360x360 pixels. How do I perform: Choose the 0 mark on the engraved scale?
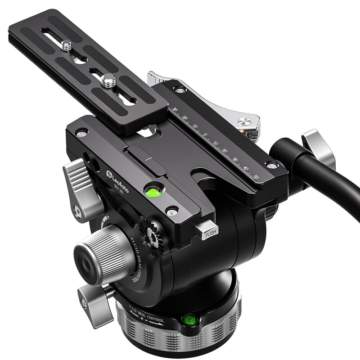[204, 134]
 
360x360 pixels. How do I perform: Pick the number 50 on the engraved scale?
[256, 176]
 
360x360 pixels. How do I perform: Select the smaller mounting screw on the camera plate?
[67, 44]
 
